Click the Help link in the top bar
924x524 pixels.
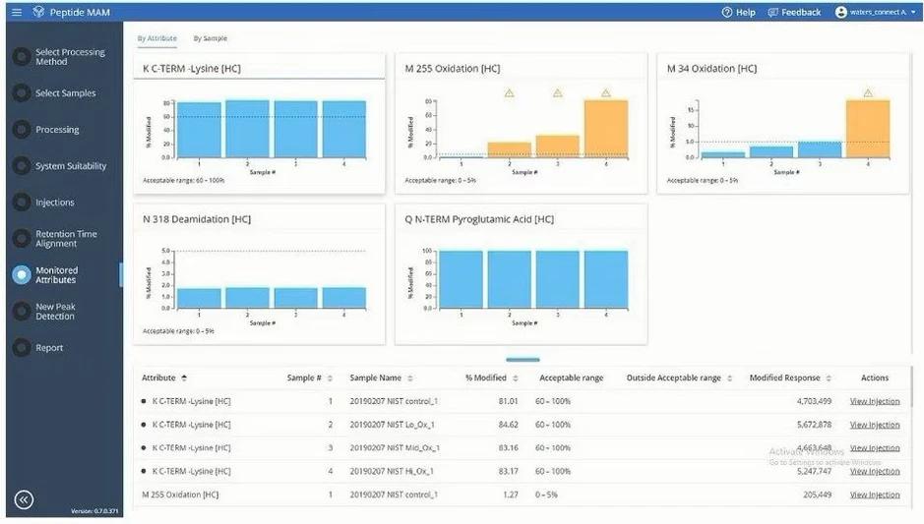pos(739,12)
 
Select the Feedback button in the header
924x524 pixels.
pos(794,12)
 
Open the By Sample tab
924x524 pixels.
pos(210,38)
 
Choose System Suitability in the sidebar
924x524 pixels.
pos(70,166)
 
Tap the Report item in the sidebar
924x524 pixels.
pos(49,348)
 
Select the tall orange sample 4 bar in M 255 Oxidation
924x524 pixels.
pos(605,128)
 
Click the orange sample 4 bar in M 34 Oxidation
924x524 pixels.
pos(867,128)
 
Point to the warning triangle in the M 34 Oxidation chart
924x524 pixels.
pos(868,93)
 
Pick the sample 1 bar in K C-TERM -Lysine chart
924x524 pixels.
pos(199,130)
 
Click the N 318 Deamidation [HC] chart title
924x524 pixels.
pos(196,219)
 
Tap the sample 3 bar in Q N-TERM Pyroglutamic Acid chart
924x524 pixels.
pos(557,279)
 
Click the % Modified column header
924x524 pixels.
pos(486,378)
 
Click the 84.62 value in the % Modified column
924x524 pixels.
pos(505,425)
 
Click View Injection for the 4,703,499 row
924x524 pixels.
pos(874,401)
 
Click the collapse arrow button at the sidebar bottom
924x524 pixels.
pos(24,499)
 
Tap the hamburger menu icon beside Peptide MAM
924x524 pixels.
pos(17,12)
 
